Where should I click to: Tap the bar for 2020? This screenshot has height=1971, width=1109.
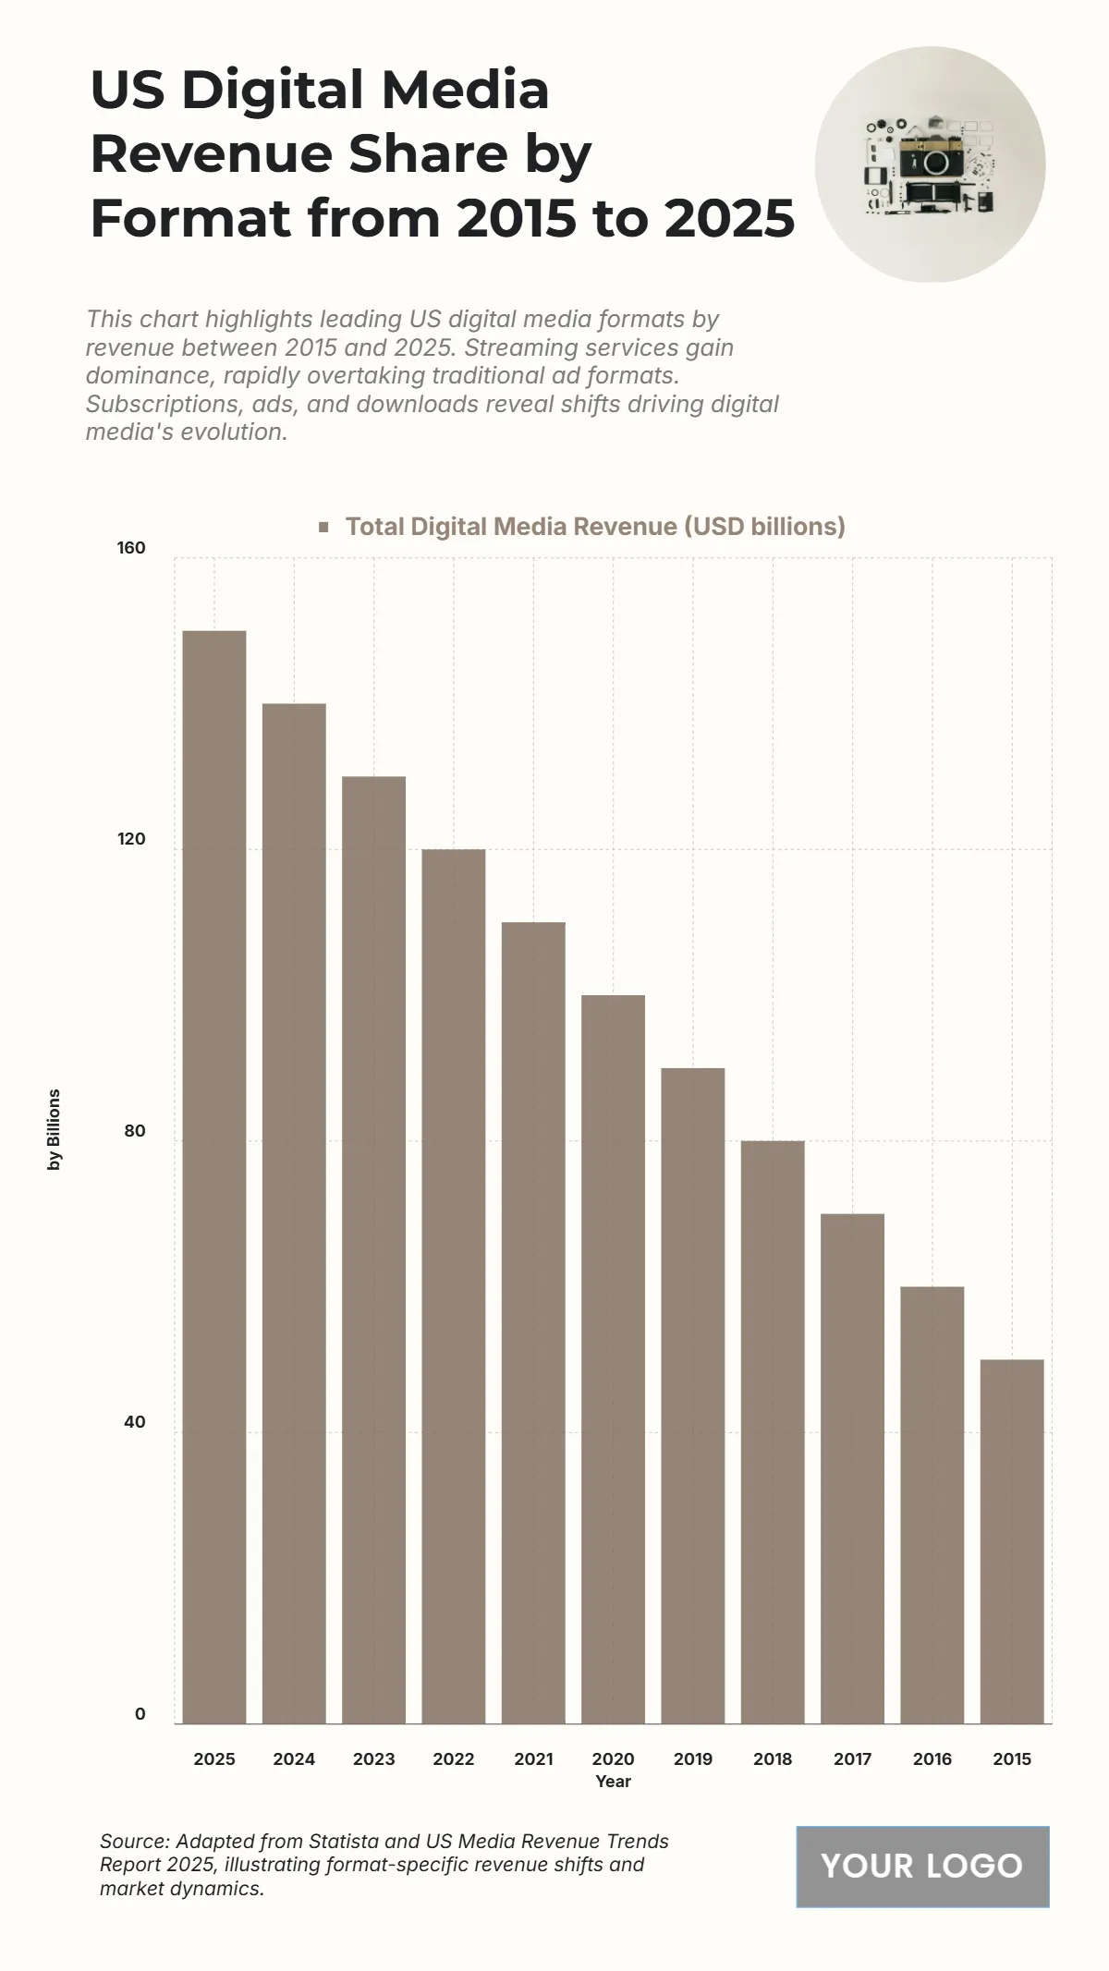613,1358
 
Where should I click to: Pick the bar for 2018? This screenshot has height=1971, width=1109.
773,1431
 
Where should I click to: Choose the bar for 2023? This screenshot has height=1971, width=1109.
373,1249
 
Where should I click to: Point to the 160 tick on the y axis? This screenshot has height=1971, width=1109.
131,548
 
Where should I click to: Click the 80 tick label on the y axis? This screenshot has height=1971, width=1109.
135,1131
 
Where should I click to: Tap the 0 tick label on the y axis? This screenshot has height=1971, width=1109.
140,1714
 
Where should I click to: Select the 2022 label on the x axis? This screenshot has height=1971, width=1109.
453,1758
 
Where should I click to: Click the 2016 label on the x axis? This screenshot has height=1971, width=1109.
932,1758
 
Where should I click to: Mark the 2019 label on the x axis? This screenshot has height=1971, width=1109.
693,1758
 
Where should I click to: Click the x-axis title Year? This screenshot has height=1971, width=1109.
613,1781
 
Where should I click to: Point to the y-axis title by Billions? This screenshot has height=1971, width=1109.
55,1129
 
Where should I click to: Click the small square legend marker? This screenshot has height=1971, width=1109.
323,527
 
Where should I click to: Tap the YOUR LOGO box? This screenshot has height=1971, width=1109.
922,1866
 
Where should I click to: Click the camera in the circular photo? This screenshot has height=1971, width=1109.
931,162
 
